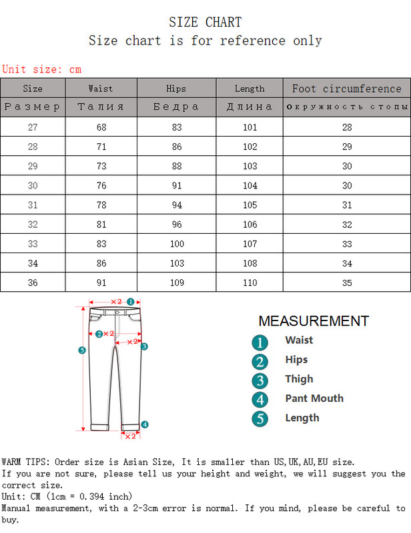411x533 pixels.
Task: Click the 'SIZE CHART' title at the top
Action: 205,23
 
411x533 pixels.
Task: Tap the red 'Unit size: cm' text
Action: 42,69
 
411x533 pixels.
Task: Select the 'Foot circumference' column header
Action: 346,89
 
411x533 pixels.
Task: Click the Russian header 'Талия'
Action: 101,107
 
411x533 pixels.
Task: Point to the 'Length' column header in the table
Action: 249,89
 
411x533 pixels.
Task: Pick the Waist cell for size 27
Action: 101,127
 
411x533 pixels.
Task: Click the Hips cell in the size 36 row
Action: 176,282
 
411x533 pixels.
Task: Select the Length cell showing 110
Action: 249,282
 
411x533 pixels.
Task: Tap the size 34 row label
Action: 33,263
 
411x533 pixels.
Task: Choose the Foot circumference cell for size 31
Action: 346,205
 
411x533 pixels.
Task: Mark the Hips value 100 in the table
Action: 176,244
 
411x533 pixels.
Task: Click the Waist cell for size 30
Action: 101,186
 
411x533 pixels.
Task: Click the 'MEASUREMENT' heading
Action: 313,321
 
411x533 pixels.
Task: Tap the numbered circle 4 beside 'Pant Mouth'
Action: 260,400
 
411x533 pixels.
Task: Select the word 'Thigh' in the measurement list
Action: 299,379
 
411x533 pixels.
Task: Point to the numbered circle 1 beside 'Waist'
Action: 260,342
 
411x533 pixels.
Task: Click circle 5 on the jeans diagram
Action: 81,350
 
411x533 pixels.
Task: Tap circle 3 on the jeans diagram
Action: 143,346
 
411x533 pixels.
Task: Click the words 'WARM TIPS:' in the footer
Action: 26,462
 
